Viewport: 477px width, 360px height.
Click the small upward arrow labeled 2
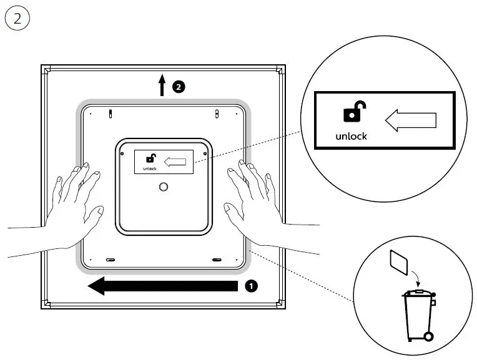(x=162, y=85)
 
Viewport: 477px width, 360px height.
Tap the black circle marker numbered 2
(x=179, y=87)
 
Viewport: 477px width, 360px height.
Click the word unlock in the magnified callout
(x=352, y=135)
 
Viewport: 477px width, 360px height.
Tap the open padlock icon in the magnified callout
(x=353, y=113)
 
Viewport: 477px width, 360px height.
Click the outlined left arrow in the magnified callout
(x=410, y=120)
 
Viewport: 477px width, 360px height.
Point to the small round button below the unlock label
(x=164, y=187)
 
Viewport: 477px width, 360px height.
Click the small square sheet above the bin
(x=398, y=263)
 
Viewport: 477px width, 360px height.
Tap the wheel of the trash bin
(x=428, y=338)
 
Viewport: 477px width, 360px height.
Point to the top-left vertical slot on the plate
(x=111, y=114)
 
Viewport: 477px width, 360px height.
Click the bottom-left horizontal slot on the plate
(x=110, y=259)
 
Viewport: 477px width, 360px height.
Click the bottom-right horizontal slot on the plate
(x=217, y=259)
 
